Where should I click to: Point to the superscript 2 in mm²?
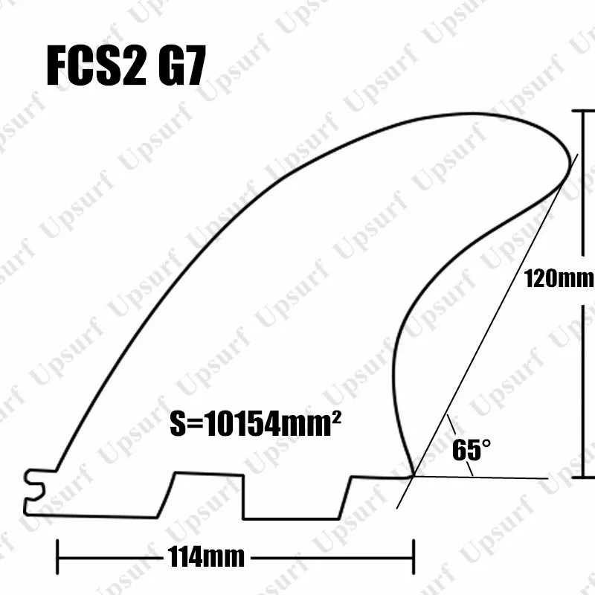335,419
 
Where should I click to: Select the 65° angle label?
472,451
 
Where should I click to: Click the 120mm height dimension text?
559,280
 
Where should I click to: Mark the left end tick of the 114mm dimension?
58,555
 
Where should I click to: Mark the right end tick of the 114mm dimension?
413,555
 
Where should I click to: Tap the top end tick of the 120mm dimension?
582,110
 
